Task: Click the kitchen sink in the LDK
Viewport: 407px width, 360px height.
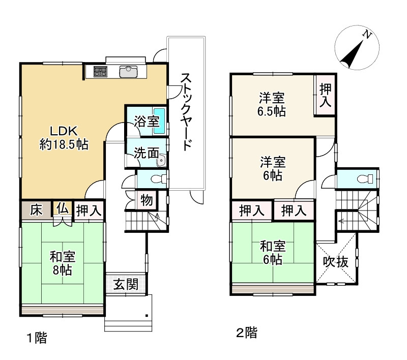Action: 128,72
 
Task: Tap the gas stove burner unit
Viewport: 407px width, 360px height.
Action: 100,72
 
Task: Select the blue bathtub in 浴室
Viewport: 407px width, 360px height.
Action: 159,121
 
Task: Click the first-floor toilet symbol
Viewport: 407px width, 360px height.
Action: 158,178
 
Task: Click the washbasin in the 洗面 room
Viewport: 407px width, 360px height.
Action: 161,161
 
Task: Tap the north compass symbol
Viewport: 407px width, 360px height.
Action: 357,47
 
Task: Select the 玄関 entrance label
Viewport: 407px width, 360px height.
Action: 126,285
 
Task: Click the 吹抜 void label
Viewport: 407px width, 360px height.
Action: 335,262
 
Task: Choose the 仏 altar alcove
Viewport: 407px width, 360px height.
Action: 63,208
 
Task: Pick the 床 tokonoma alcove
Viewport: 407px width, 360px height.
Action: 36,209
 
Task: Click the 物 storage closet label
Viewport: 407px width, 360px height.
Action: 147,200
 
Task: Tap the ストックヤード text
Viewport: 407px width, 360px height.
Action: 186,112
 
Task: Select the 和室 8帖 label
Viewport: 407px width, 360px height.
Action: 63,263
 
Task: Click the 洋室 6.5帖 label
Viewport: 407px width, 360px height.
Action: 272,105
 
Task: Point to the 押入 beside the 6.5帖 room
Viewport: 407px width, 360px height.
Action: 326,95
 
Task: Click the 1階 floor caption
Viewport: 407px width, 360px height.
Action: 37,338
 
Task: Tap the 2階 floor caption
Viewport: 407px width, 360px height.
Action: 247,333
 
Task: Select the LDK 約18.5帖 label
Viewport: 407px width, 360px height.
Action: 64,138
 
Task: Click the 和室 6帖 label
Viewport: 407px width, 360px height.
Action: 273,253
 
